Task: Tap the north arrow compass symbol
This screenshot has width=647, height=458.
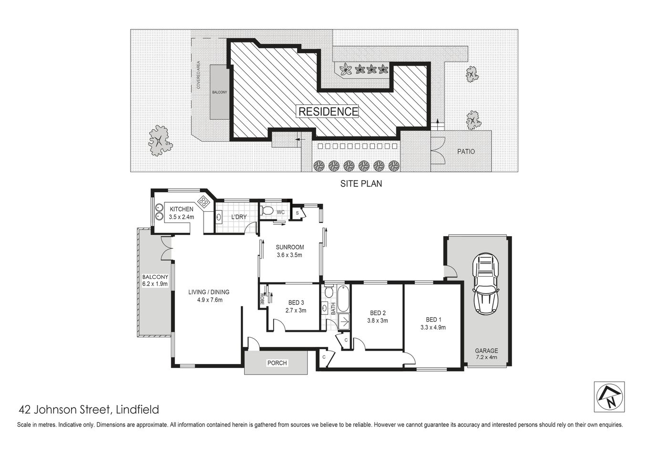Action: coord(609,396)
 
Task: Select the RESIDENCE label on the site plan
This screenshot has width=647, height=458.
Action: coord(328,112)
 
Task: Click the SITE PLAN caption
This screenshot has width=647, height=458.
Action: coord(360,183)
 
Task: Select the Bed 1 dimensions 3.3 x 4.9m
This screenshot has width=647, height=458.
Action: coord(432,327)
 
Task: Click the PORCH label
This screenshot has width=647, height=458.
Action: coord(277,363)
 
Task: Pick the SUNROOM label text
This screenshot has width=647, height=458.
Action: coord(289,247)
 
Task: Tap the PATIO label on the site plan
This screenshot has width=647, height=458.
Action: coord(466,152)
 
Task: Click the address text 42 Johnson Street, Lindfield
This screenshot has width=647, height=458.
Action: coord(88,409)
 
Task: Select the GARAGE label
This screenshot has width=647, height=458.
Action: coord(486,350)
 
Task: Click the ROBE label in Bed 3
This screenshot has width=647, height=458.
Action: coord(262,300)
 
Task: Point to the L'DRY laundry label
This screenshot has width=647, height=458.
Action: coord(238,217)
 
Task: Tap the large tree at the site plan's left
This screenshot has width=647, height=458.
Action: coord(158,141)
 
